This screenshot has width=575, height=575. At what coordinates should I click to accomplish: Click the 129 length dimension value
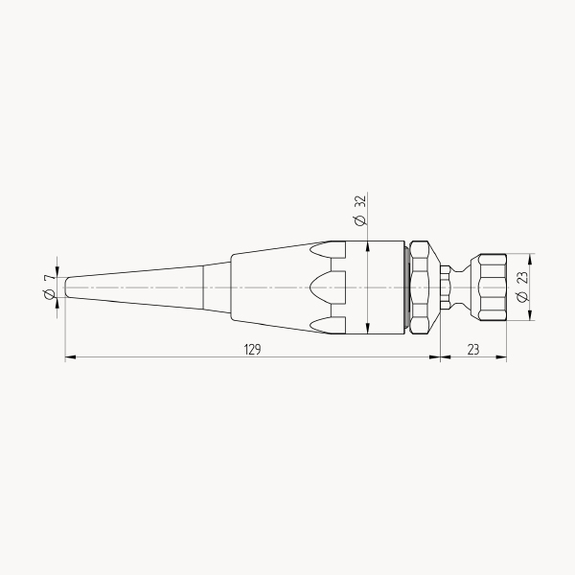[x=252, y=350]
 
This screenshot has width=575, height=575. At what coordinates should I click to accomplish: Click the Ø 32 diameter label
[x=360, y=211]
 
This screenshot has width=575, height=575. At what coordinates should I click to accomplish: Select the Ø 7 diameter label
[x=50, y=287]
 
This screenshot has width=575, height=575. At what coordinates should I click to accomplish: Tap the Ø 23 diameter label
[x=522, y=287]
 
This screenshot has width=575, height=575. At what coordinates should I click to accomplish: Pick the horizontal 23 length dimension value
[x=473, y=350]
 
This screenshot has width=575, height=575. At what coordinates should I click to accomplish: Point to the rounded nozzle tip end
[x=67, y=287]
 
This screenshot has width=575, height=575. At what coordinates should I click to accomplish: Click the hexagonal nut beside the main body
[x=419, y=287]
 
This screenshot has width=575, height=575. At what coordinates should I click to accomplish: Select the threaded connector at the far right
[x=493, y=287]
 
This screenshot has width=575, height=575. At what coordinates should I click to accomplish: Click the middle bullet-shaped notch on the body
[x=328, y=287]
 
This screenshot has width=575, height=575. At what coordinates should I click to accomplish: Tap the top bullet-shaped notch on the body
[x=328, y=250]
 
